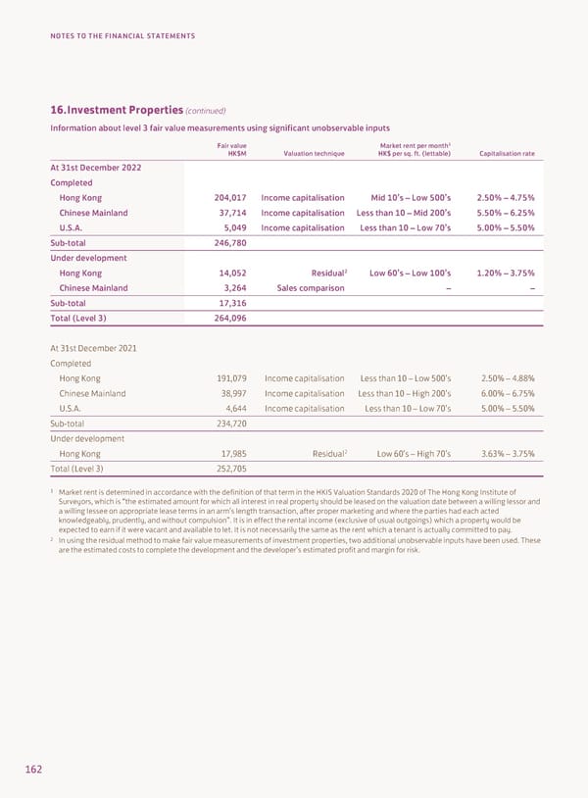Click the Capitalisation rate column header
(507, 152)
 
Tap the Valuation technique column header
(314, 152)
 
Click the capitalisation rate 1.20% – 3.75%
(505, 273)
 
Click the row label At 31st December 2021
(93, 348)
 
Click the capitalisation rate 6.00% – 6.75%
(508, 393)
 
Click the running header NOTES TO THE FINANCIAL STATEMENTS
(122, 36)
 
